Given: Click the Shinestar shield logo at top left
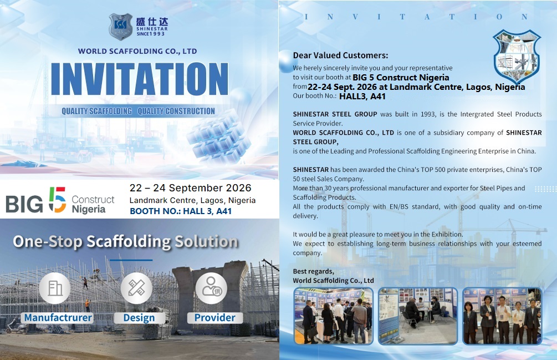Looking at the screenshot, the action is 120,26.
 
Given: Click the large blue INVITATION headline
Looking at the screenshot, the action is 140,79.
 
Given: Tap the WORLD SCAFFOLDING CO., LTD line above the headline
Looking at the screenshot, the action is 137,51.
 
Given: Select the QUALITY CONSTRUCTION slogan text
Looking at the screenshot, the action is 176,111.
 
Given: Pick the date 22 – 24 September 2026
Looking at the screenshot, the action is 190,187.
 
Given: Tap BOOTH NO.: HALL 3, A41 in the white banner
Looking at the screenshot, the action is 181,211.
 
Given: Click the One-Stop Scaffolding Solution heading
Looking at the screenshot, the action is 125,241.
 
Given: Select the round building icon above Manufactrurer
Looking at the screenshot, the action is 55,288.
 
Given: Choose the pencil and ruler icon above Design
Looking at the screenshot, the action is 136,288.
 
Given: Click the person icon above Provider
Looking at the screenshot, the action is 211,288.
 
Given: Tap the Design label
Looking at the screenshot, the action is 139,318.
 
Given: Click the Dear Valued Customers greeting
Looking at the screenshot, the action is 340,55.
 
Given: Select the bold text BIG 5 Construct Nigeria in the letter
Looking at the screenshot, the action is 401,78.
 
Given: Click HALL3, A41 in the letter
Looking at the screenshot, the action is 362,97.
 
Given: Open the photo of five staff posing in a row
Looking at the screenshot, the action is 502,316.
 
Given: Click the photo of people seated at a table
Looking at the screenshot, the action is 418,316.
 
